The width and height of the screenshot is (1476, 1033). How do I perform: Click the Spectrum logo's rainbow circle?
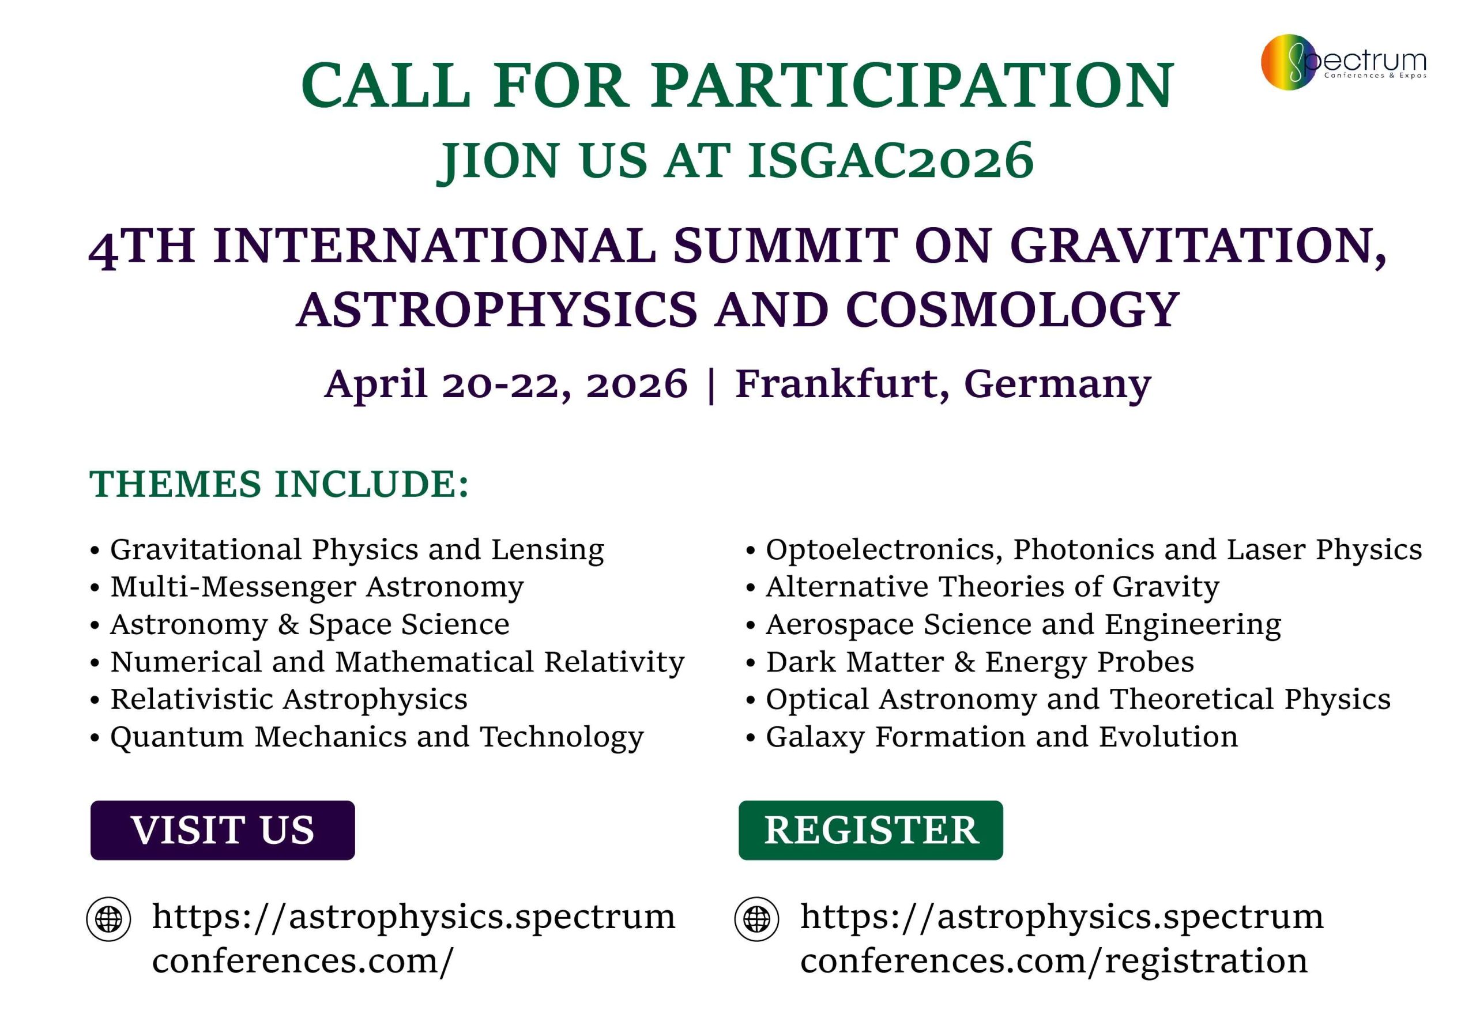tap(1288, 62)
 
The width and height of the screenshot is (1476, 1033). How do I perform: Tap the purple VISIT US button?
tap(223, 830)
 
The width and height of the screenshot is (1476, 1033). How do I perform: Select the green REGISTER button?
tap(871, 830)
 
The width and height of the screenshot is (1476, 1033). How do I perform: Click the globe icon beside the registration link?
tap(756, 919)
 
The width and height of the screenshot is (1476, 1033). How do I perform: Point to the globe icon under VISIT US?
tap(108, 919)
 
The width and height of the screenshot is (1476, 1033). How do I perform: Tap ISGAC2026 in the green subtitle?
tap(891, 160)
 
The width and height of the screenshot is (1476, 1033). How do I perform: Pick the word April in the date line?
tap(376, 384)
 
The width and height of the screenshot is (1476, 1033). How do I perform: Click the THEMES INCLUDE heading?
tap(279, 484)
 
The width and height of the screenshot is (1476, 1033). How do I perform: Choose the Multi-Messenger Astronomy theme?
tap(317, 587)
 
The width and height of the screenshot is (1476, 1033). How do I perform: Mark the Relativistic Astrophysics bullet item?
tap(289, 700)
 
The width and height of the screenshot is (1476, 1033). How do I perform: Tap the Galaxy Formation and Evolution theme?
tap(1001, 737)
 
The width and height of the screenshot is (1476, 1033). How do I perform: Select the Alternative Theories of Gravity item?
tap(993, 587)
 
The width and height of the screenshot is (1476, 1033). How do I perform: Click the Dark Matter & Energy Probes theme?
tap(980, 662)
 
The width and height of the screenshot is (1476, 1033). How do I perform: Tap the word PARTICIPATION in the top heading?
tap(912, 85)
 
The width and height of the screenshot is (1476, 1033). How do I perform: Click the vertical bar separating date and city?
tap(711, 385)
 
